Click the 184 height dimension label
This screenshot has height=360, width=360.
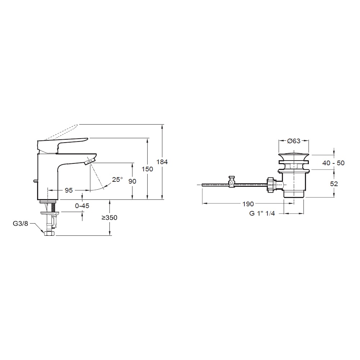162,162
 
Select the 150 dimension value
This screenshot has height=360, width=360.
147,169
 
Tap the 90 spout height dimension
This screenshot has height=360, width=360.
132,181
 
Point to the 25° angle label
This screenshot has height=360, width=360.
118,179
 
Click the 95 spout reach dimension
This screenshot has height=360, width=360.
69,190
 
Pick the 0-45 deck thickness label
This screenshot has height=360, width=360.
82,206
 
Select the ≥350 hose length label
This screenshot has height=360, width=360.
109,218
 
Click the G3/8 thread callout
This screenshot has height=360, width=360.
21,224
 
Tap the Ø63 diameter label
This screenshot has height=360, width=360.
294,141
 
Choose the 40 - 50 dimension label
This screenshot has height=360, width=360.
333,163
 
